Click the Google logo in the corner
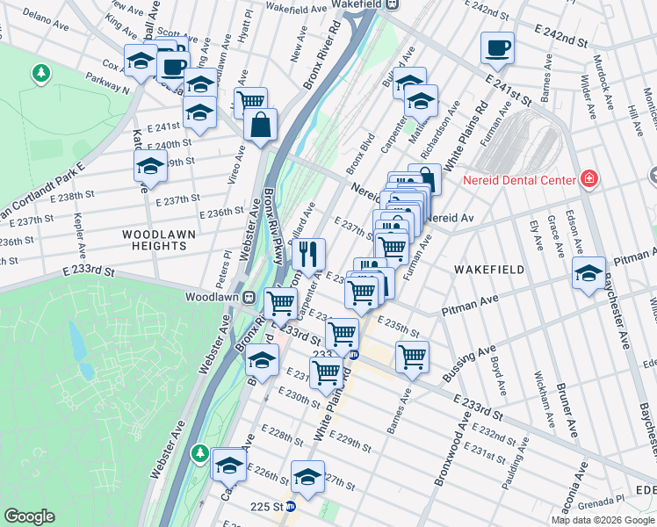click(x=30, y=516)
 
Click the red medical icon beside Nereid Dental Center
click(x=588, y=180)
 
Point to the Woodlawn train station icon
click(x=249, y=298)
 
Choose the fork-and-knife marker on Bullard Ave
click(x=308, y=255)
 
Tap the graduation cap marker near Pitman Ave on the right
click(x=588, y=272)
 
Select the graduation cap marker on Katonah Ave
click(x=150, y=165)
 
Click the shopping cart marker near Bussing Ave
click(x=412, y=357)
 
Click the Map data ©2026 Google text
click(x=603, y=520)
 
